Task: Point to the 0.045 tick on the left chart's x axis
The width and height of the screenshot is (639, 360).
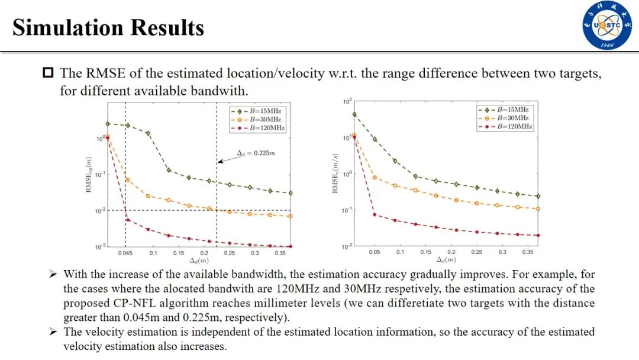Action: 125,253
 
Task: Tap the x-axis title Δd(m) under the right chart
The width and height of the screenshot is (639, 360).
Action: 446,260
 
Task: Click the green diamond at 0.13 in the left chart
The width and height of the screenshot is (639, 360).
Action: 169,170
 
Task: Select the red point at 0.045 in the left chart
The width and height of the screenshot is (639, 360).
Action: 128,220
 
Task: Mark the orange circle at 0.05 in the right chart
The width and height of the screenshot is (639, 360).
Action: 375,178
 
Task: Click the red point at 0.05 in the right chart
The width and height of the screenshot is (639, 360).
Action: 375,214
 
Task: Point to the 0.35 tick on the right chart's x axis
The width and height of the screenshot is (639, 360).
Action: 527,252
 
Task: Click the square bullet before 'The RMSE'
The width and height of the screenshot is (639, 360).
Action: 48,73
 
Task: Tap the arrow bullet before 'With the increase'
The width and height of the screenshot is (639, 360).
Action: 53,274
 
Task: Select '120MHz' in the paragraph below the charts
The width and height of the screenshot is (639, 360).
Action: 295,289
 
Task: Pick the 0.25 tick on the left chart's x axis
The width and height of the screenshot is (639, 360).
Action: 230,253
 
